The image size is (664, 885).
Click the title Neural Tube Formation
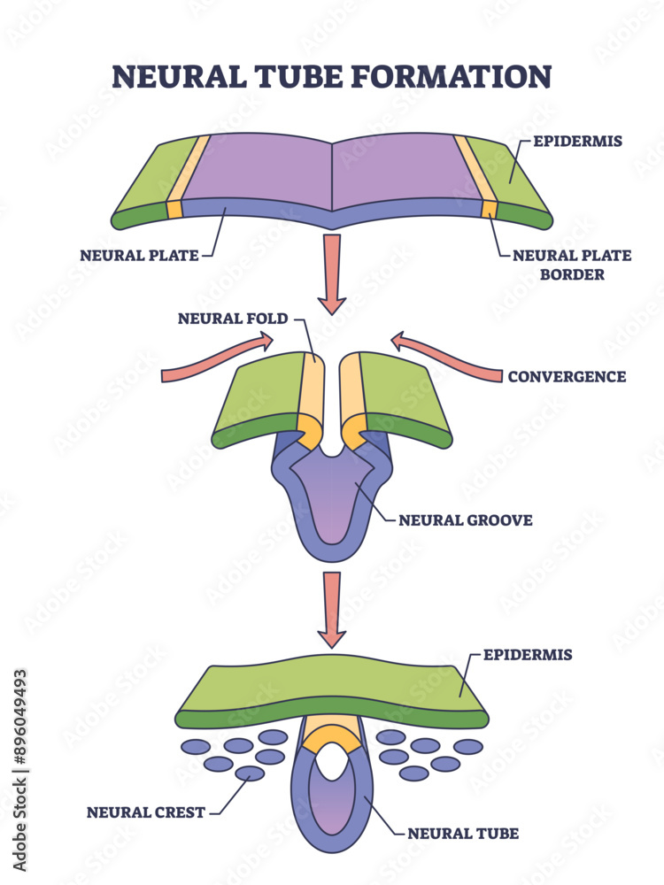tap(331, 75)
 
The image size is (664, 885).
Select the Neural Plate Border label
tap(572, 265)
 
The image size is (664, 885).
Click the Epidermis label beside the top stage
tap(577, 139)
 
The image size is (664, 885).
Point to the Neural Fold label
tap(233, 319)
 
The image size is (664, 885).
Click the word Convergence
tap(567, 376)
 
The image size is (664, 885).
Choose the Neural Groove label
tap(465, 519)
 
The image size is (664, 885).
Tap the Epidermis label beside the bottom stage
tap(528, 655)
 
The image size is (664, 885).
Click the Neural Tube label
tap(462, 833)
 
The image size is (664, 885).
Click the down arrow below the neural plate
tap(333, 273)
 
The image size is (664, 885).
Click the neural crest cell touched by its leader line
tap(250, 773)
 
